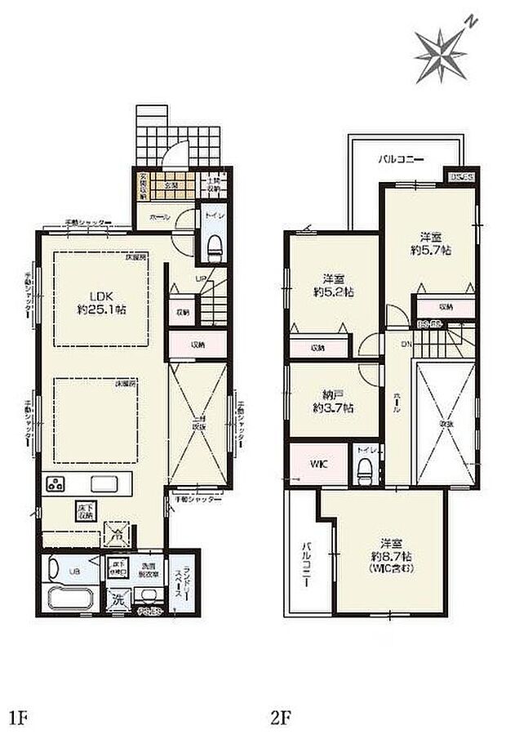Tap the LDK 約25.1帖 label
pos(101,304)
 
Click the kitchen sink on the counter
pos(104,483)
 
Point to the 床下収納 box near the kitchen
pos(86,509)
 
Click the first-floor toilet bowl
pos(215,246)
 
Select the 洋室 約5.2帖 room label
pos(332,283)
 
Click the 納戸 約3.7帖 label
pos(332,401)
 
